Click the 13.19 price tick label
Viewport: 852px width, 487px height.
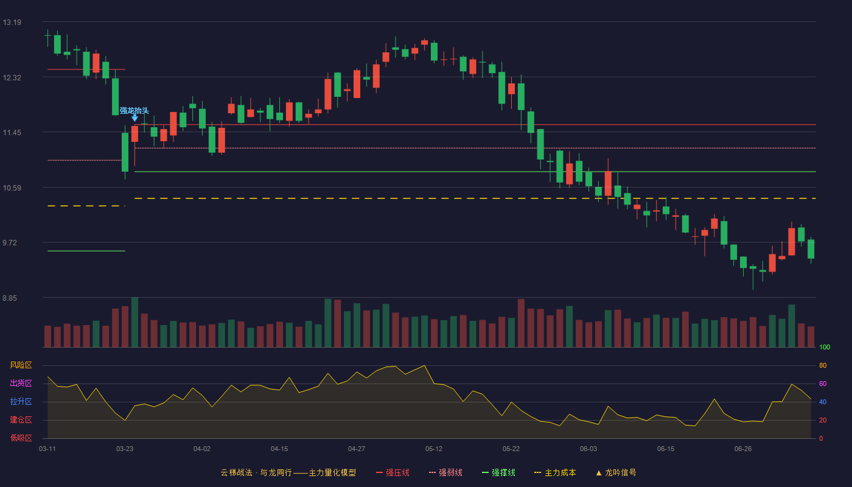point(12,23)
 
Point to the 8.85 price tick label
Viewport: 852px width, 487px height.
point(10,298)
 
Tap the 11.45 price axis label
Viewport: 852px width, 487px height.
point(12,133)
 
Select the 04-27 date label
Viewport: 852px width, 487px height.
point(357,449)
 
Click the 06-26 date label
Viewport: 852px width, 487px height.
point(743,449)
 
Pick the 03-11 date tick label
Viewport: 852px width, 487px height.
point(47,449)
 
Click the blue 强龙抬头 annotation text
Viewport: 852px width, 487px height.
point(134,111)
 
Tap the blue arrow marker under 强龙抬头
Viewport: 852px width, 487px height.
point(134,118)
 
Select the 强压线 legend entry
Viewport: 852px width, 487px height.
point(393,473)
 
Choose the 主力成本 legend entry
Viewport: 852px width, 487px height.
point(555,473)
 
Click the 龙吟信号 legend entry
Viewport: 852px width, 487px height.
point(616,473)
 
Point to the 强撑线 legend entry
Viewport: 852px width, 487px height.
point(498,473)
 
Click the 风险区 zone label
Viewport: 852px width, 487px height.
point(21,365)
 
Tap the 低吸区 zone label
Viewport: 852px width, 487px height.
point(21,438)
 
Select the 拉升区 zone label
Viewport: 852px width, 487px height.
point(21,402)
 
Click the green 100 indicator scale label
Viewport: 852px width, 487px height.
point(825,347)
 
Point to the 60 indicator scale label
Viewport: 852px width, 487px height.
point(823,384)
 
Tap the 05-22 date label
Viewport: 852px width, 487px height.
point(511,449)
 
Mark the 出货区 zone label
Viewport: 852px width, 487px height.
point(21,384)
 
